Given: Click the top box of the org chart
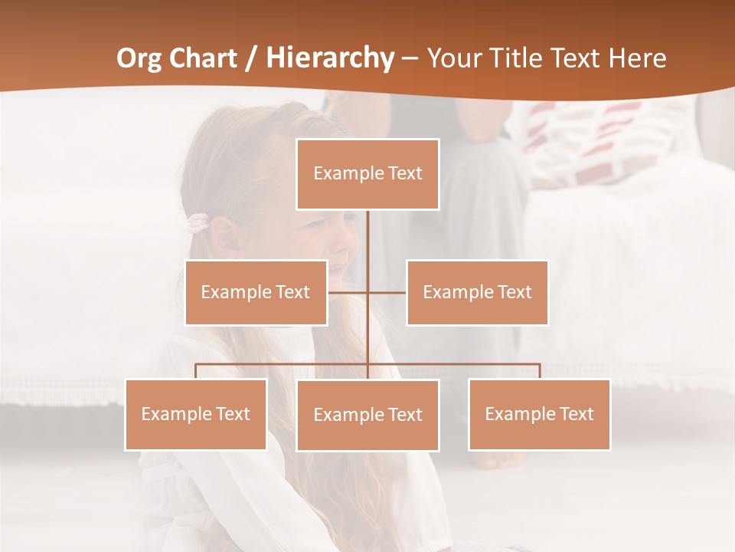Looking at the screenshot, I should coord(367,174).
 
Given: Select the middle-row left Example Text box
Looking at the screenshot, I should coord(256,292).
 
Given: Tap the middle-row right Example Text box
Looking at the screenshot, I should coord(477,292).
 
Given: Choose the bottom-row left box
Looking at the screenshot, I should coord(196,414).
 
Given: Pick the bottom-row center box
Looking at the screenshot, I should coord(367,415).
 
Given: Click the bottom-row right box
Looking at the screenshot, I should coord(539,414).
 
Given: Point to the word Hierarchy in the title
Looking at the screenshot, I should coord(330,58).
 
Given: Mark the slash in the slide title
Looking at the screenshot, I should coord(250,58).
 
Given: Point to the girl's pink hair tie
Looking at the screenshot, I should coord(198,223).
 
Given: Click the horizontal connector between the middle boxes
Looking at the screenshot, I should coord(367,292).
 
